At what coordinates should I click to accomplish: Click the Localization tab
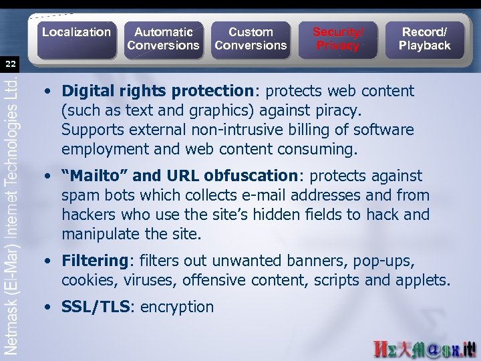click(75, 32)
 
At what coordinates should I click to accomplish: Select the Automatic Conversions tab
click(163, 38)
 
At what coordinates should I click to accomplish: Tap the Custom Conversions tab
click(250, 38)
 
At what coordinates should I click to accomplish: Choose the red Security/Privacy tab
click(338, 38)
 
